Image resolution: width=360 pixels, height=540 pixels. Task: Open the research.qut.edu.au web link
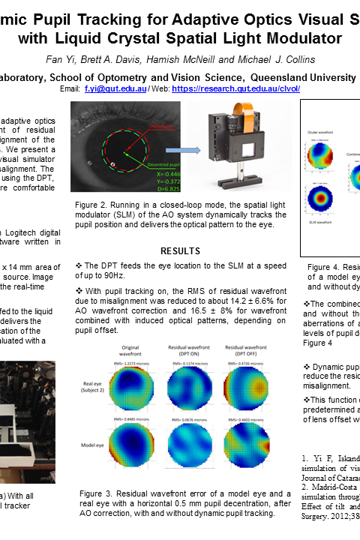[236, 88]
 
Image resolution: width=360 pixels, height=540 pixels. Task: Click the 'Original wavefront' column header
[130, 351]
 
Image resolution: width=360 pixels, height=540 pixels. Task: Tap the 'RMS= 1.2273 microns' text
[130, 364]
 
